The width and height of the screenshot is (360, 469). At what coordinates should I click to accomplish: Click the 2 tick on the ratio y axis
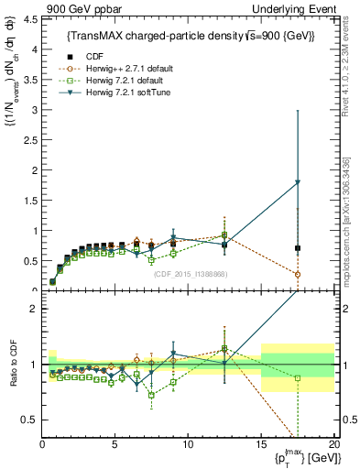coord(32,309)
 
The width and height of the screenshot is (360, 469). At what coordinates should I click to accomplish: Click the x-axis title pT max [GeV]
coord(301,458)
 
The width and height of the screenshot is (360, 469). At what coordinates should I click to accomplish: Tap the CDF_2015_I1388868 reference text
coord(190,274)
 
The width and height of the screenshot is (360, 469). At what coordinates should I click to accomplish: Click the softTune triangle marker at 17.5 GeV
coord(297,182)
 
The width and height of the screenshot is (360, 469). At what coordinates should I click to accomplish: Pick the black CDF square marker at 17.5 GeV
coord(297,248)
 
